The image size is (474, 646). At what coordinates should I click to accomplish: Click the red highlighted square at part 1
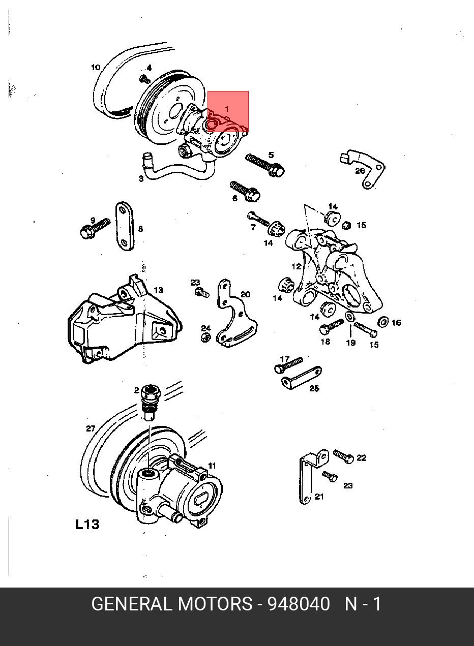click(x=228, y=111)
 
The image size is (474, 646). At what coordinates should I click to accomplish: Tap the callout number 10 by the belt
click(x=96, y=67)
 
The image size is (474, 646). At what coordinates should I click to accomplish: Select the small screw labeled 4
click(x=144, y=79)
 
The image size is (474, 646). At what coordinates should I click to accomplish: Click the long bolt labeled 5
click(x=264, y=165)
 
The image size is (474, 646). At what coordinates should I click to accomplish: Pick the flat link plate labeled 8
click(x=125, y=227)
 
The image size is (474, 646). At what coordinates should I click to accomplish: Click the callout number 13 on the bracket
click(x=158, y=290)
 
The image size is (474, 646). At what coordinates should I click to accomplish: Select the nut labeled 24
click(x=205, y=338)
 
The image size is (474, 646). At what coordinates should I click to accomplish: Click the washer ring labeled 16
click(x=383, y=322)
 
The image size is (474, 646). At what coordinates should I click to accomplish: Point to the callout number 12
click(x=297, y=266)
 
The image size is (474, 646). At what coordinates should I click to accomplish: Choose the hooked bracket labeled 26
click(x=366, y=168)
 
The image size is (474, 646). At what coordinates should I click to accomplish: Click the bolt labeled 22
click(x=343, y=456)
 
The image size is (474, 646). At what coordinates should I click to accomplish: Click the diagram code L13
click(x=87, y=524)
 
